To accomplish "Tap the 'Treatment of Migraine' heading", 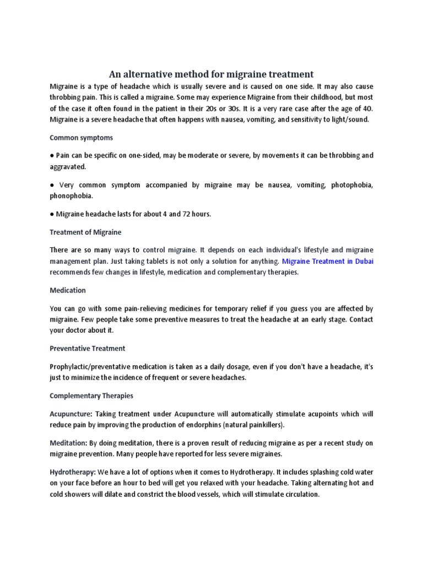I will [85, 232].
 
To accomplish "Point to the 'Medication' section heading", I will [68, 290].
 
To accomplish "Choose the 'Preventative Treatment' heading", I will [88, 348].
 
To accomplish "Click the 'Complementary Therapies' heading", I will [91, 395].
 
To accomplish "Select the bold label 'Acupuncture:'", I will [71, 414].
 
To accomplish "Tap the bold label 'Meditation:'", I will [69, 443].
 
